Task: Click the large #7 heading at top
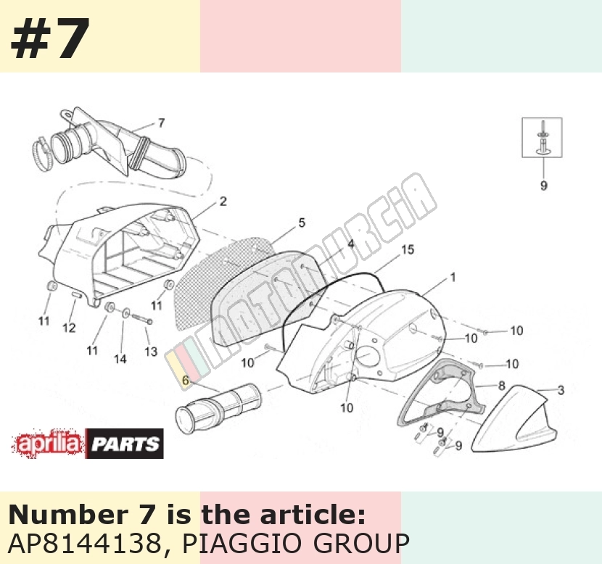click(50, 38)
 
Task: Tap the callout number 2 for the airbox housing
click(223, 201)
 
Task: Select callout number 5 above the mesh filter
click(302, 223)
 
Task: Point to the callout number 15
click(408, 249)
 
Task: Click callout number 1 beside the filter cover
click(453, 277)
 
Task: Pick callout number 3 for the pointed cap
click(561, 390)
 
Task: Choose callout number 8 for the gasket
click(501, 385)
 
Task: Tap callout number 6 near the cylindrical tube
click(186, 381)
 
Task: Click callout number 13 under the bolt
click(151, 352)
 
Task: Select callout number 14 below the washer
click(120, 359)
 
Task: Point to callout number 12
click(69, 328)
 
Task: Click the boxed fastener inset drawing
click(542, 137)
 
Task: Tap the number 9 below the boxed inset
click(544, 186)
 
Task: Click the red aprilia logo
click(48, 444)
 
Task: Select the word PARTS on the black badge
click(125, 444)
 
